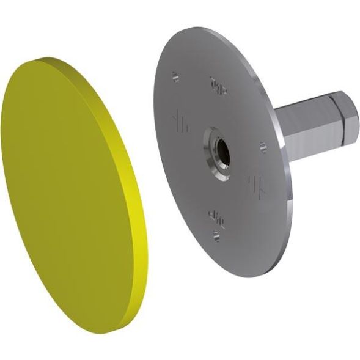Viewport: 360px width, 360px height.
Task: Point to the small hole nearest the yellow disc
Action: click(x=176, y=77)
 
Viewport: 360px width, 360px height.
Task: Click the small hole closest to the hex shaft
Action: click(x=263, y=147)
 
